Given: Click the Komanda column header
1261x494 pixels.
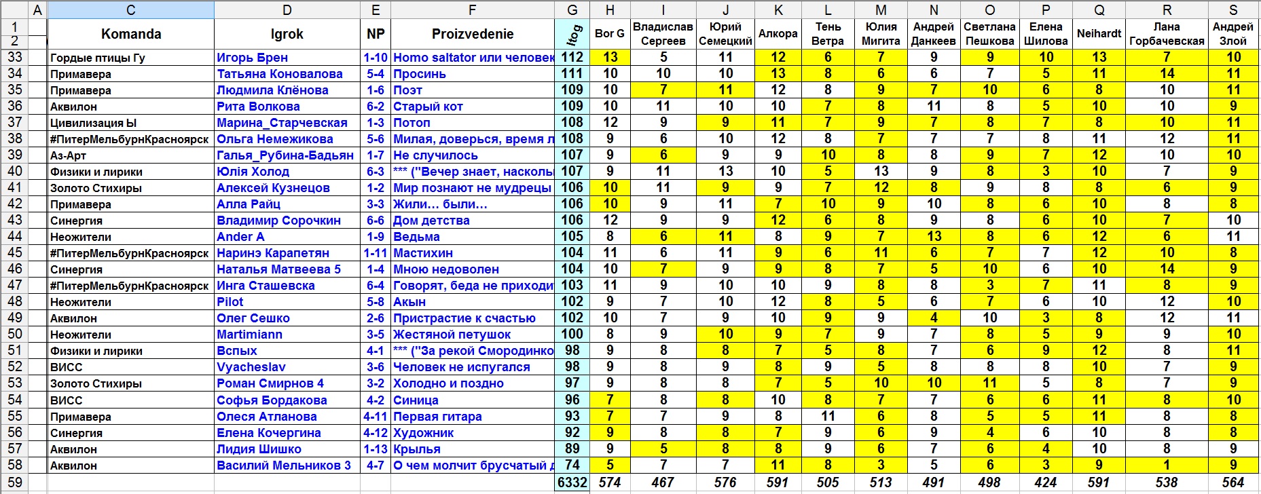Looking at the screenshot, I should tap(131, 34).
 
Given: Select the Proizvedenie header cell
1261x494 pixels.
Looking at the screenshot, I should tap(473, 34).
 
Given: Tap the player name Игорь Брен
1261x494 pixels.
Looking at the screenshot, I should tap(252, 58).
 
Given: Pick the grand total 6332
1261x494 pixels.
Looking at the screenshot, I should tap(572, 482).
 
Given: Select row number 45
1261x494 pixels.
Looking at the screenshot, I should tap(15, 253).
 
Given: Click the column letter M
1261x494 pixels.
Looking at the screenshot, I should tap(881, 9).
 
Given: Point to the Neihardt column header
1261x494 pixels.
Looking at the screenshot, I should tap(1099, 34).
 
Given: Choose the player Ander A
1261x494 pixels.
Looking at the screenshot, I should tap(240, 237).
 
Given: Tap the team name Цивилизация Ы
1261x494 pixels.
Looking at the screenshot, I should tap(94, 123).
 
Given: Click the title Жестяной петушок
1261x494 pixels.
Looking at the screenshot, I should tap(452, 335).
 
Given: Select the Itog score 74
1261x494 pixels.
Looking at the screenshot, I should tap(572, 465).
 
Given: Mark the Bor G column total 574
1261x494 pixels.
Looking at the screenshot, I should tap(610, 482).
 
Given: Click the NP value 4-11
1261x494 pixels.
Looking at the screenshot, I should tap(376, 417).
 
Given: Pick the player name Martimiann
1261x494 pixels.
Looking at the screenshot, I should tap(249, 335).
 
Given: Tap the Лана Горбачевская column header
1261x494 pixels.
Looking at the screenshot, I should tap(1167, 34).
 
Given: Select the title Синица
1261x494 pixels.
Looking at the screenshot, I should tap(416, 400).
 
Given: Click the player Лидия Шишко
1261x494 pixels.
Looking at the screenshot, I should tap(259, 449).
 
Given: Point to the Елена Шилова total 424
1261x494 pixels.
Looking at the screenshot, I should tap(1046, 482).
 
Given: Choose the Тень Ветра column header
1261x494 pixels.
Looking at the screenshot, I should tap(828, 34).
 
